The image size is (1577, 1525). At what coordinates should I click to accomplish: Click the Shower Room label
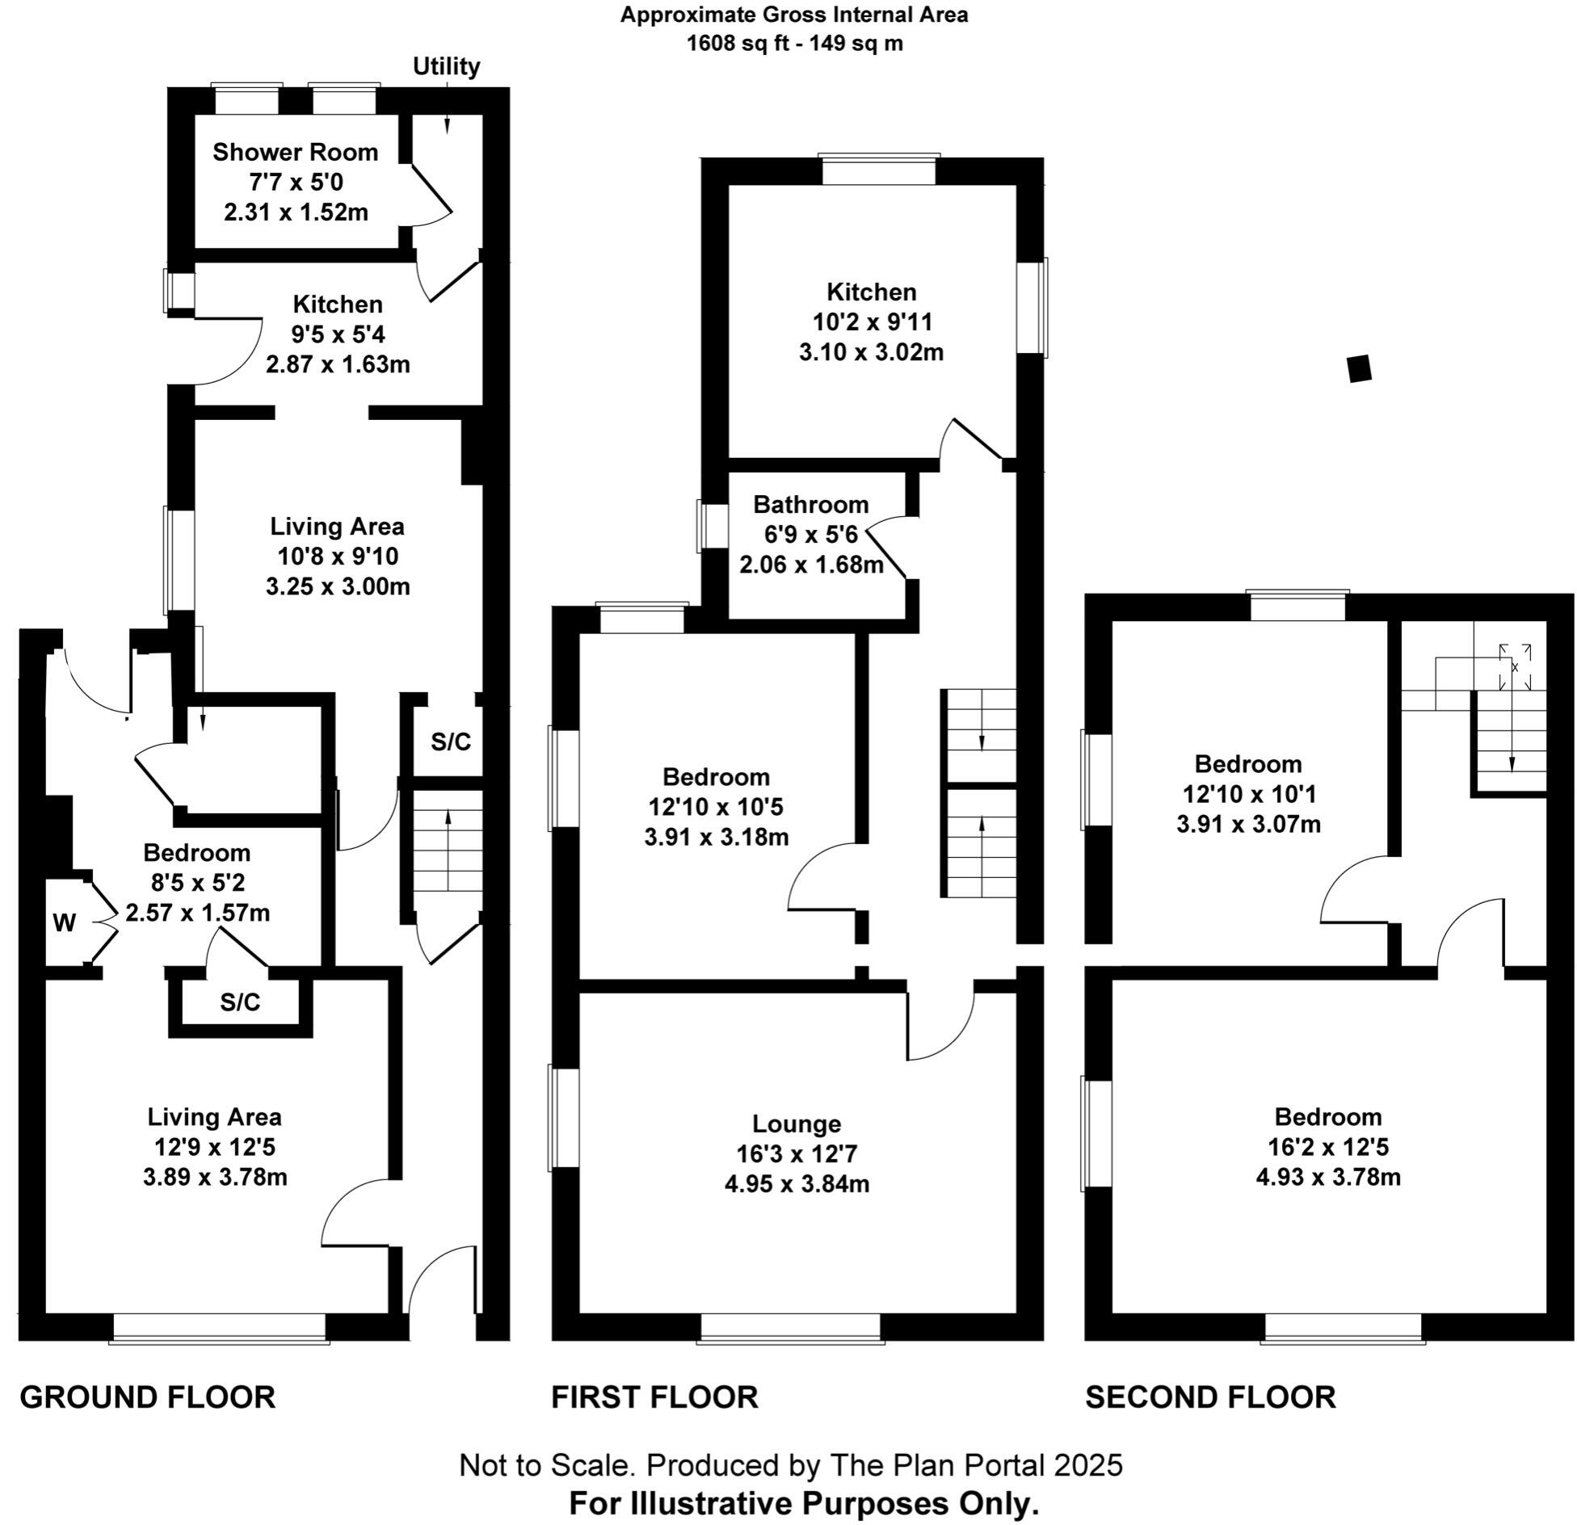295,152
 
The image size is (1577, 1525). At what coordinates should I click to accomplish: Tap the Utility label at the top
446,66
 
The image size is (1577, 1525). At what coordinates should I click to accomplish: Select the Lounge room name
797,1124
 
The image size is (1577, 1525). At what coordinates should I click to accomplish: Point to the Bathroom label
810,505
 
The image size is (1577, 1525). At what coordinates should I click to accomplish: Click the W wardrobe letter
65,922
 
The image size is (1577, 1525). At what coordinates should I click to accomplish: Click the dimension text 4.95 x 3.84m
797,1184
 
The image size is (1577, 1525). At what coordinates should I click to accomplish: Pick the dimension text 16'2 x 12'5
1327,1147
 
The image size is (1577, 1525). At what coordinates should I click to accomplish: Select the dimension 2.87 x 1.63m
338,364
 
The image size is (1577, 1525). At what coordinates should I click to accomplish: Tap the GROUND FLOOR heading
148,1397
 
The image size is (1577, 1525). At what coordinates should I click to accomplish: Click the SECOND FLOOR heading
1210,1397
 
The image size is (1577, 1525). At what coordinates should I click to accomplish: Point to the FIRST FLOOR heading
654,1397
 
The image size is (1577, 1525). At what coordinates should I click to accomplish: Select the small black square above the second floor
1360,368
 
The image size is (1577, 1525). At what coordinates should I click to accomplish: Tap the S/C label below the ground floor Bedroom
240,1002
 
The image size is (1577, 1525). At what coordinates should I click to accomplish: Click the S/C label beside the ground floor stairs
450,741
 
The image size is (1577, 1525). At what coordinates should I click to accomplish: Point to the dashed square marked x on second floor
1515,667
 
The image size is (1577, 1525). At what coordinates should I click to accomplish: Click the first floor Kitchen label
871,292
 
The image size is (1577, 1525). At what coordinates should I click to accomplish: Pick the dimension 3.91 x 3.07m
1248,824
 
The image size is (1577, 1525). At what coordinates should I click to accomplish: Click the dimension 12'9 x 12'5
215,1147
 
